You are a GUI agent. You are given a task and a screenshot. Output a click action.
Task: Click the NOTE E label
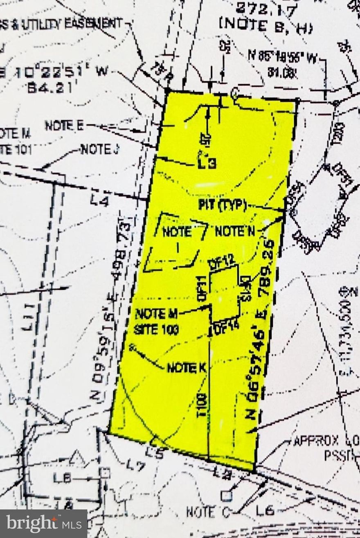(64, 126)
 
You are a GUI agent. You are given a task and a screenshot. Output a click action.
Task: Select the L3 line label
(207, 163)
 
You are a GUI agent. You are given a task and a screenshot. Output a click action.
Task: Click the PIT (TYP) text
(222, 205)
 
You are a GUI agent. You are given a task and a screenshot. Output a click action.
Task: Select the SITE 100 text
(157, 329)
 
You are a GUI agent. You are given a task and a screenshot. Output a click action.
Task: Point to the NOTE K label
(186, 368)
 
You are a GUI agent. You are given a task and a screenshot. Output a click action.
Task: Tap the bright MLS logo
(43, 523)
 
